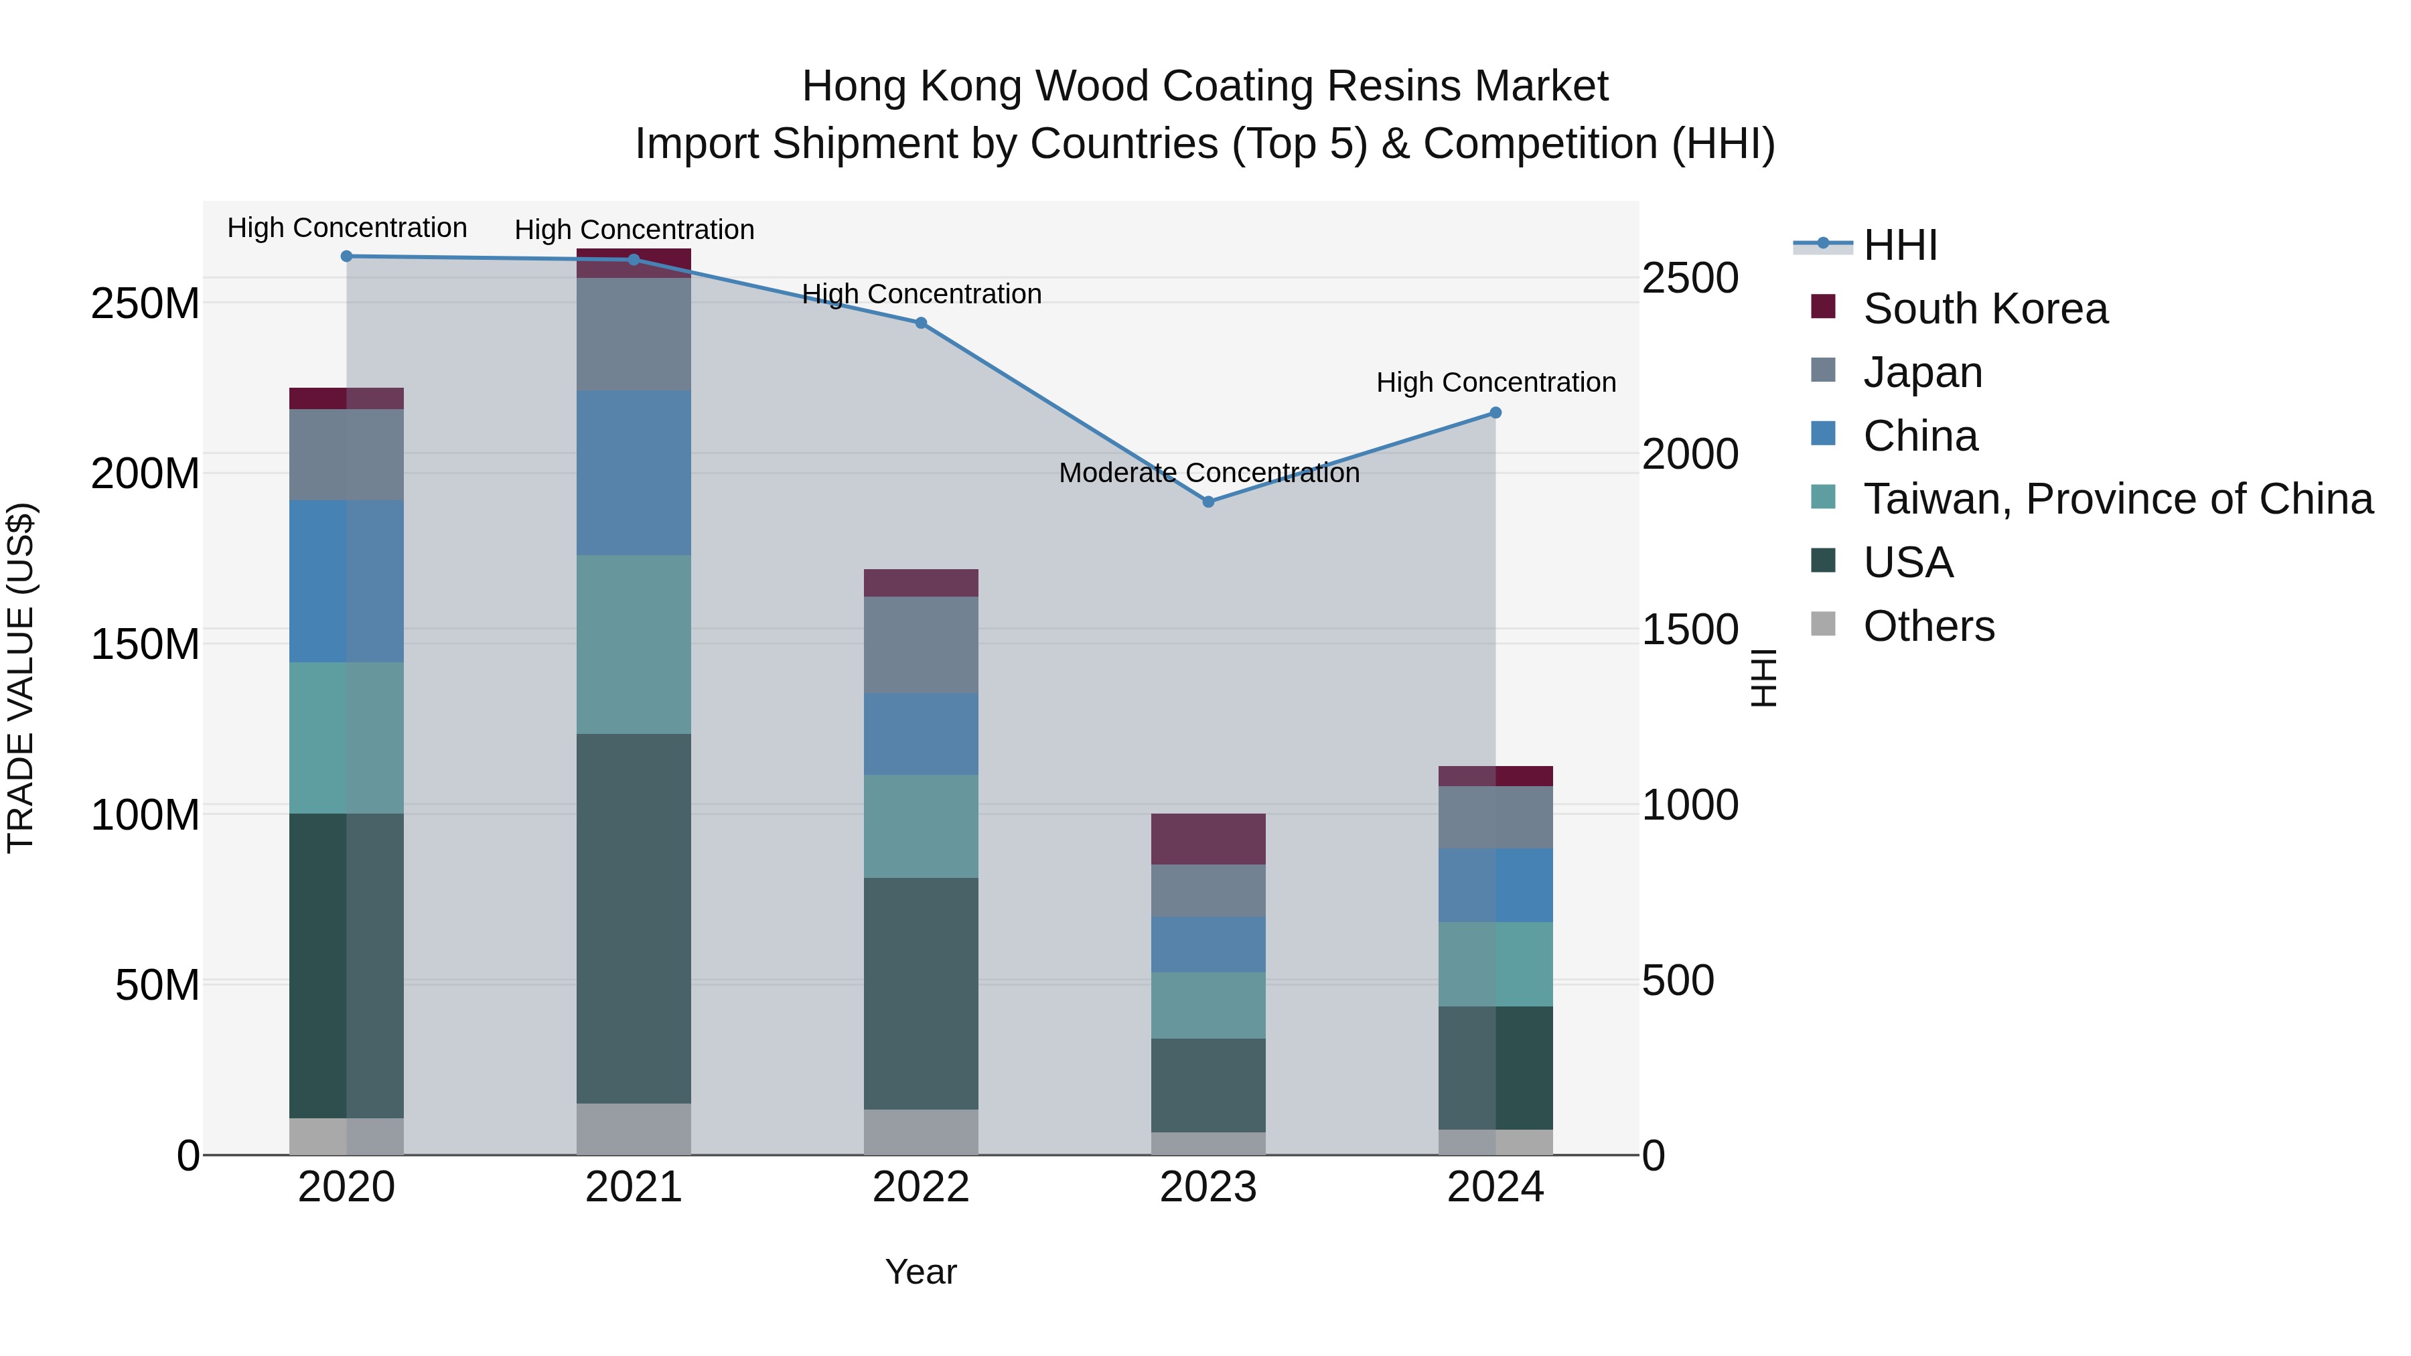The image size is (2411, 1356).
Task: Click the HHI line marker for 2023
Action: point(1208,502)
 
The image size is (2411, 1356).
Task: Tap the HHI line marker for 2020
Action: point(346,256)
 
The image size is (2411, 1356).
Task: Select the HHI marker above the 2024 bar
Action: point(1495,412)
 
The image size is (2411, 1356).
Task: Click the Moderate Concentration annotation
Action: point(1208,473)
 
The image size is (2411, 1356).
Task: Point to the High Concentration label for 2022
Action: point(921,294)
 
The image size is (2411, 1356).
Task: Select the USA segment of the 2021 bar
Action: point(634,917)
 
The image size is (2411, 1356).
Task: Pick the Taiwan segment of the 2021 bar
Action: point(634,644)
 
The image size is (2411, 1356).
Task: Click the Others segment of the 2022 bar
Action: point(921,1132)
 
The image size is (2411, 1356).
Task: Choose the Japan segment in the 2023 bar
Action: point(1208,890)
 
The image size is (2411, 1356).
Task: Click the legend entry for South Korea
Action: point(1984,309)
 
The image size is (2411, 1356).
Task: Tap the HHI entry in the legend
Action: point(1899,245)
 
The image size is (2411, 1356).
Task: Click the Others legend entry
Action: point(1928,626)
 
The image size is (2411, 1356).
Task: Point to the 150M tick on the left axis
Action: point(145,644)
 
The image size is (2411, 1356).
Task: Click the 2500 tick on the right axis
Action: point(1690,278)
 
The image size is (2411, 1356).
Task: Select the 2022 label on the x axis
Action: point(921,1187)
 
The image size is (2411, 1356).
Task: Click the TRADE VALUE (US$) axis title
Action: point(21,678)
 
